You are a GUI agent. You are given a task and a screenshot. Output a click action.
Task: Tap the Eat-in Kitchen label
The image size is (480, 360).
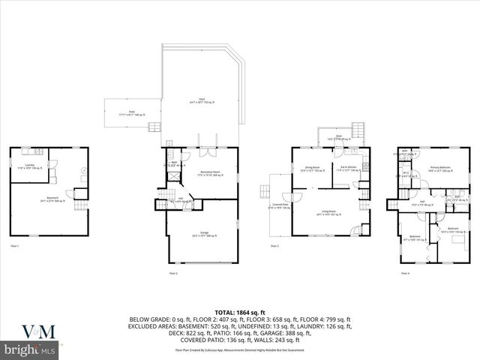click(x=346, y=169)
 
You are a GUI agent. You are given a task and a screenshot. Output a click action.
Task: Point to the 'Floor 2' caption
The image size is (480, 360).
click(x=174, y=273)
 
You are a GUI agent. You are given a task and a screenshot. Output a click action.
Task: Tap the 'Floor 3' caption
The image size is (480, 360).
click(x=274, y=246)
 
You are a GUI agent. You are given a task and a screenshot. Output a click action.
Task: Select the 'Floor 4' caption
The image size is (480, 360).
click(x=405, y=273)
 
